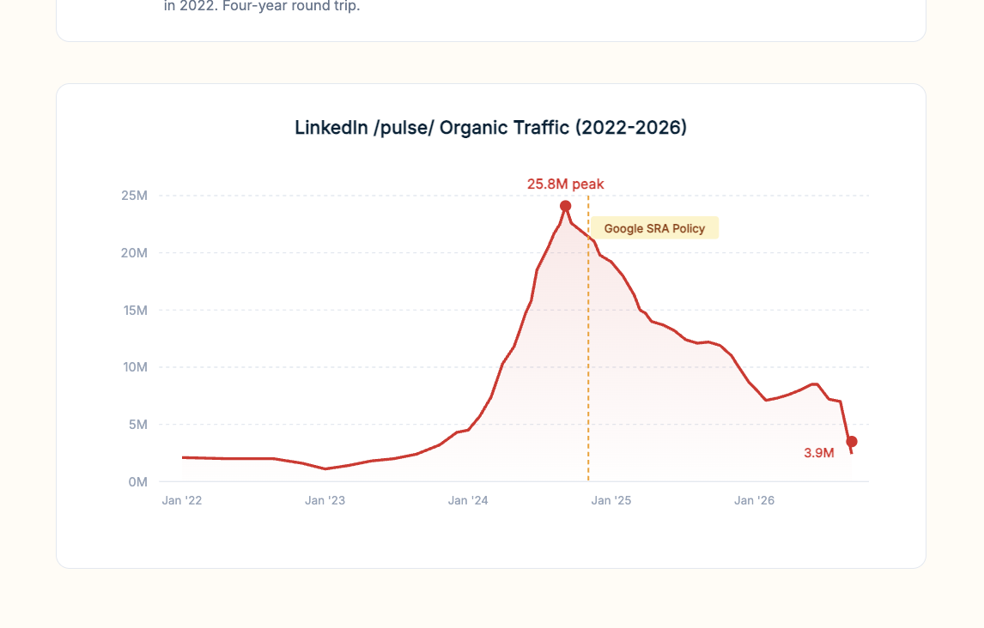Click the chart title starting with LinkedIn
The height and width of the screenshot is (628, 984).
(490, 128)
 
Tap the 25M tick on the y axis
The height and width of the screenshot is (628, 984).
(134, 196)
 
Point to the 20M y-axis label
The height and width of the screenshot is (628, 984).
(134, 253)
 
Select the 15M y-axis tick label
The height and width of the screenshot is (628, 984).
(134, 310)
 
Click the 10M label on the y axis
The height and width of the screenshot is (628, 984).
(134, 367)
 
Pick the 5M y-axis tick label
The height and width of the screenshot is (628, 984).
(137, 425)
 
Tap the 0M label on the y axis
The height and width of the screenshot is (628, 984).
(137, 482)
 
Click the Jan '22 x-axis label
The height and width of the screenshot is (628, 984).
(182, 501)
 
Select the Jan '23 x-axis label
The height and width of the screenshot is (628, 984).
(325, 501)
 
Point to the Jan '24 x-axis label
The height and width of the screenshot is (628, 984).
(468, 501)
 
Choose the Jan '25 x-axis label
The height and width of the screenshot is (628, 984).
(611, 501)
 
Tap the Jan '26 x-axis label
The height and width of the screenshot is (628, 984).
(754, 501)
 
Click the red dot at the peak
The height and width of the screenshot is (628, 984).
(566, 206)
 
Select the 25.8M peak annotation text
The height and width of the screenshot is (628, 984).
(565, 184)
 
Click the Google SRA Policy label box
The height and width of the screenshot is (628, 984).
(654, 228)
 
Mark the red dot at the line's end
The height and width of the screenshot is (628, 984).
(852, 442)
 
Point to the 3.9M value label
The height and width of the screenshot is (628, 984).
(819, 453)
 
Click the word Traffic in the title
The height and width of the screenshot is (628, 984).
(538, 128)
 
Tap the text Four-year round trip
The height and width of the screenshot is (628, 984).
(285, 6)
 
